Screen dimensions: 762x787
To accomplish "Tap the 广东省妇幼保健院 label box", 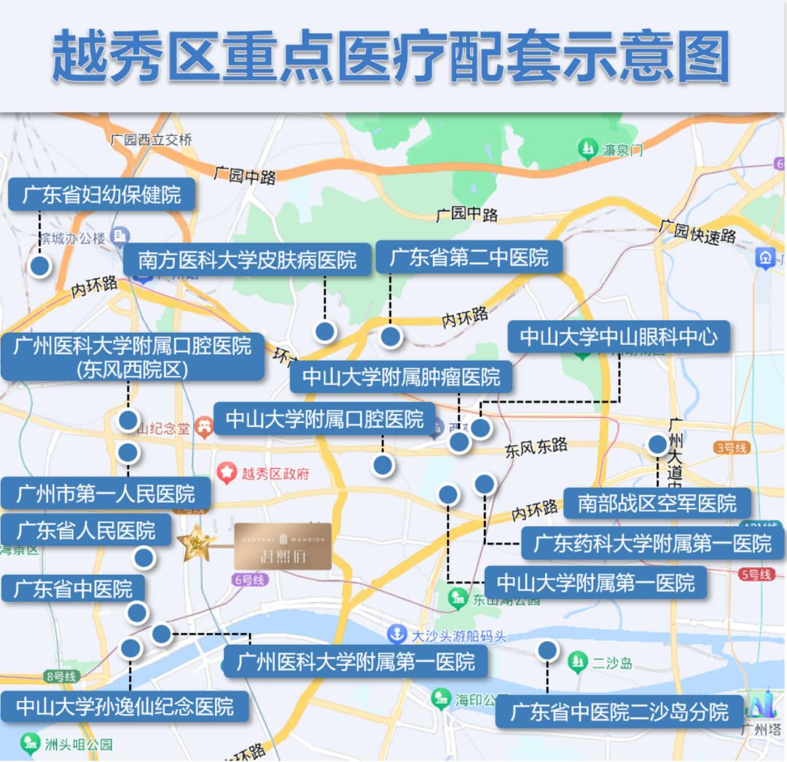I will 102,195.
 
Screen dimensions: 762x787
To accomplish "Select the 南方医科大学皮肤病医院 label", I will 248,260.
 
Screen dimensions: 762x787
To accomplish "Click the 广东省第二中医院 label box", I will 469,257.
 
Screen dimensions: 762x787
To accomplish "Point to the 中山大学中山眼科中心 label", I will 619,337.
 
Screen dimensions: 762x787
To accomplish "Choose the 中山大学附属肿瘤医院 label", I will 401,377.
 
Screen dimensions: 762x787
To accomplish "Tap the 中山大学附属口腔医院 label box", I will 324,418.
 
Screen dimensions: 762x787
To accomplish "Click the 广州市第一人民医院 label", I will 106,495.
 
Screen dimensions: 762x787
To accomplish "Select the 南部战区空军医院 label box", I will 657,503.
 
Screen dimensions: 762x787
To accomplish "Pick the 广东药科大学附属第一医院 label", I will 652,543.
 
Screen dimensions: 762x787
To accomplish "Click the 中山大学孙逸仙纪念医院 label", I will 125,706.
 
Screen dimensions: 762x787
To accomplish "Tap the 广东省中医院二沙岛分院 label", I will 619,711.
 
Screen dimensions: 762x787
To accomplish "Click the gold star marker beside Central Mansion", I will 195,543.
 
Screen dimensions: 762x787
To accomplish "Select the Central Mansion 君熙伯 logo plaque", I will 283,546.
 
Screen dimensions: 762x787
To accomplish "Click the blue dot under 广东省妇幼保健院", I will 40,266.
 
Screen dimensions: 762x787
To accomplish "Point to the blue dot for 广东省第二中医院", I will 391,336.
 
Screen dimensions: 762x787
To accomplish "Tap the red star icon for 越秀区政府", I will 227,473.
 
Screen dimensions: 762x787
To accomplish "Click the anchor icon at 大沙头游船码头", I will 396,634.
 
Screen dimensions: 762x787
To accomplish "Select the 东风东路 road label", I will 536,448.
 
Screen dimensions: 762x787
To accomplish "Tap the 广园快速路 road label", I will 697,231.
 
